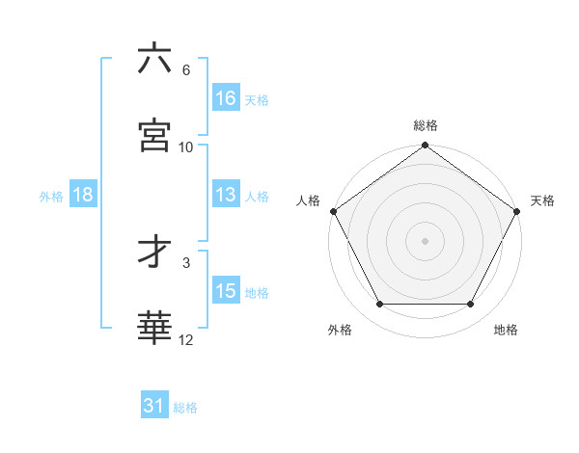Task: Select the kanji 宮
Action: click(x=154, y=135)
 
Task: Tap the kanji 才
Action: click(x=154, y=253)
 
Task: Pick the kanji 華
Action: click(x=154, y=328)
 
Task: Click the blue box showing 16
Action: click(x=226, y=98)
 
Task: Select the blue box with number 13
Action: click(x=226, y=195)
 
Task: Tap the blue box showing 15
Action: click(x=226, y=291)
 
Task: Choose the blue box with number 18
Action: click(x=83, y=195)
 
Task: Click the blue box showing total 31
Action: click(x=154, y=406)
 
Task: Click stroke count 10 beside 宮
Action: click(x=186, y=147)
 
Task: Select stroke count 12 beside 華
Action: click(x=186, y=339)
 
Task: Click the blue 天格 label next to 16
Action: click(x=257, y=99)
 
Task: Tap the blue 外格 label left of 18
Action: click(x=51, y=196)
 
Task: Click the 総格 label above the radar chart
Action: click(x=426, y=125)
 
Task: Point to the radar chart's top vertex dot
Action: click(x=426, y=147)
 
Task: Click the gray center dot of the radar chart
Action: click(x=426, y=240)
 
